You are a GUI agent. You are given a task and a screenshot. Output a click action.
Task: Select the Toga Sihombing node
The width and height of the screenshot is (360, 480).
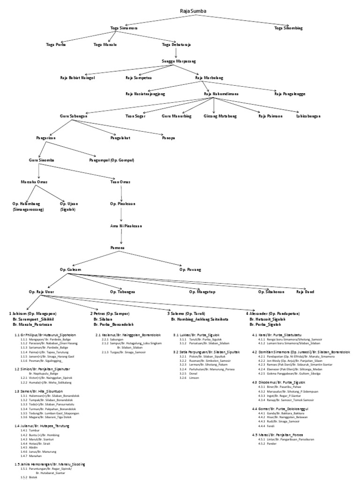tap(288, 28)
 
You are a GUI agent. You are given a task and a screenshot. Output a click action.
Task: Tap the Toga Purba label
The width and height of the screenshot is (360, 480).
tap(56, 45)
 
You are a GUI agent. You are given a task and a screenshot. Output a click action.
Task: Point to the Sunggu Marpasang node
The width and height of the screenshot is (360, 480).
tap(179, 61)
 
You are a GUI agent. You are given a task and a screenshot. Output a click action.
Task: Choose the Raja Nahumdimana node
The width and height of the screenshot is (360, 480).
tap(221, 94)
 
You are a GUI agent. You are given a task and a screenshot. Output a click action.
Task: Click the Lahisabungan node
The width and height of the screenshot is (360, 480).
tap(308, 115)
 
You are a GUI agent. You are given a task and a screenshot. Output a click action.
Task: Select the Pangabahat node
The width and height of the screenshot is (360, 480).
tap(120, 138)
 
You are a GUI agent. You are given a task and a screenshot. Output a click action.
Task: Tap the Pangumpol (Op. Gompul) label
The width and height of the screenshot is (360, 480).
tap(112, 160)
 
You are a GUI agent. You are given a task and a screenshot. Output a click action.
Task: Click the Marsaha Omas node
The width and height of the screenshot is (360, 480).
tap(34, 181)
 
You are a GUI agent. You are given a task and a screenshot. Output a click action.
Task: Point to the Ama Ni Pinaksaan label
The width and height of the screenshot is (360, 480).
tap(123, 226)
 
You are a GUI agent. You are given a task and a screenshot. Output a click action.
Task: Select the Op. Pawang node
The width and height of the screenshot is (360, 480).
tap(190, 270)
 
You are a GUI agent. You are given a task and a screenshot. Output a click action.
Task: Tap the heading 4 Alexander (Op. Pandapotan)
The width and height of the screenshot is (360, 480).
tap(272, 313)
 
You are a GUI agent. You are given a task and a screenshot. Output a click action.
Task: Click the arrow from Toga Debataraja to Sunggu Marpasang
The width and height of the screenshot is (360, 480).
tap(176, 52)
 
